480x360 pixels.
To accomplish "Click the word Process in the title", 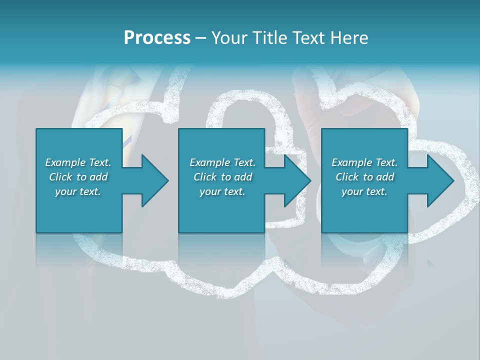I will click(x=157, y=38).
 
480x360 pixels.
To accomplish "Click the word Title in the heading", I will click(x=270, y=38).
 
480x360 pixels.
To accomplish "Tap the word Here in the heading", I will click(x=349, y=38).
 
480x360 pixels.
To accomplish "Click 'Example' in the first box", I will click(x=66, y=162).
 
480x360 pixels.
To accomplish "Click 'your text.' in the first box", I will click(x=78, y=191).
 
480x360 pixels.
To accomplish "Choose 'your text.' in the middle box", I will click(x=222, y=191).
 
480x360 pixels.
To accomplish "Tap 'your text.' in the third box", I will click(x=364, y=191).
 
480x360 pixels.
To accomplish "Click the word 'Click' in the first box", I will click(x=60, y=177).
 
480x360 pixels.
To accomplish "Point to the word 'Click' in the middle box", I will click(x=204, y=177).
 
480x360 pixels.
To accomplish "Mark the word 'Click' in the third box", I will click(x=346, y=177).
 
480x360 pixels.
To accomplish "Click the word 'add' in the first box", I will click(x=99, y=177).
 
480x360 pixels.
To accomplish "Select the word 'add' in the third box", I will click(x=385, y=177).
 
